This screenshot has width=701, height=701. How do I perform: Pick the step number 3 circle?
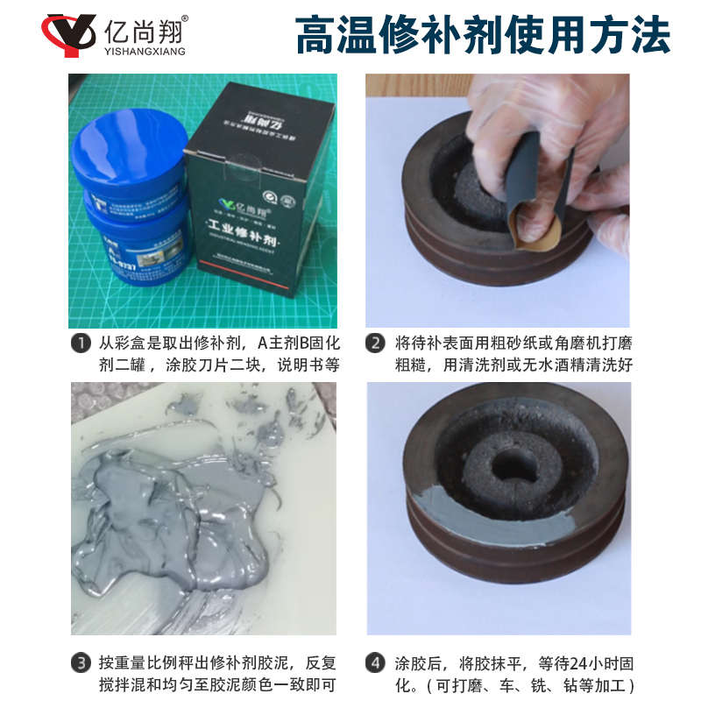(x=80, y=663)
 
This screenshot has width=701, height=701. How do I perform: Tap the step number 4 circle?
(x=375, y=663)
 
